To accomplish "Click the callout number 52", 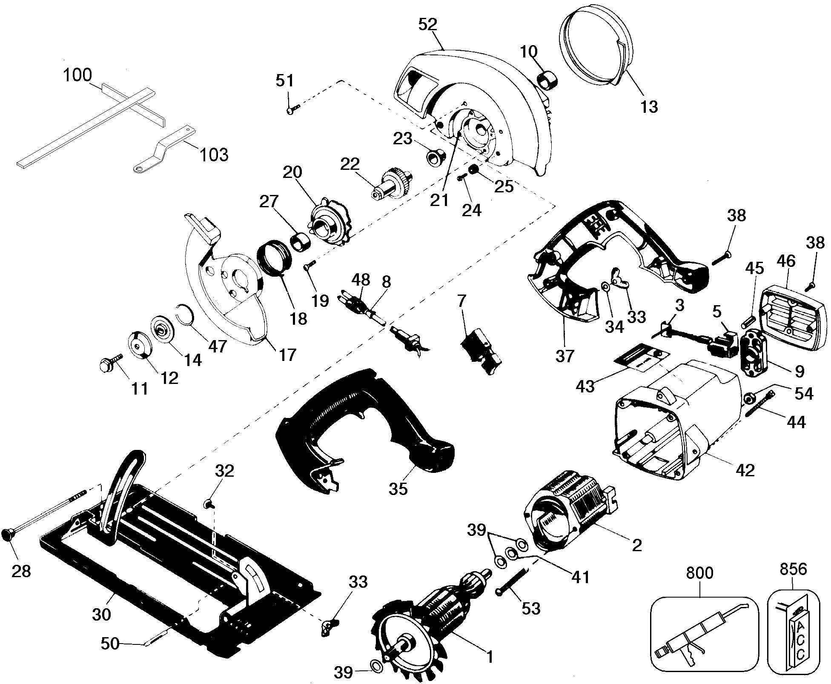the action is point(428,24).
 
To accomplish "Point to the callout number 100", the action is point(77,75).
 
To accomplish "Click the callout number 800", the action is point(699,573).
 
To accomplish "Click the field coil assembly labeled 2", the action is point(570,504).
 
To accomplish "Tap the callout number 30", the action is point(101,614).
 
